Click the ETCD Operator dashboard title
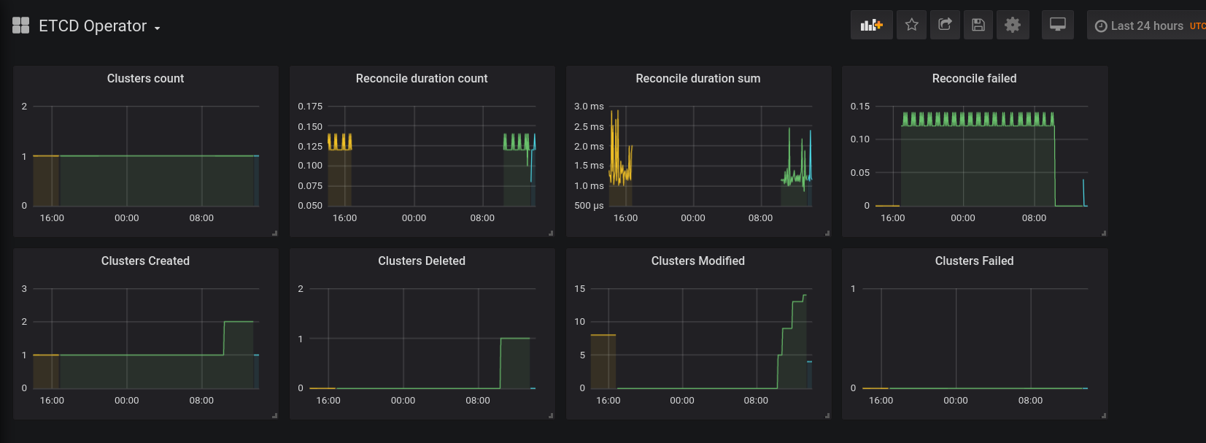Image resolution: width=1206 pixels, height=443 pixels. click(93, 26)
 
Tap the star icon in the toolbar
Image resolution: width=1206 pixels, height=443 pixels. click(911, 25)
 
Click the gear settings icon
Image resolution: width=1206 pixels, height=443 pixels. click(1013, 25)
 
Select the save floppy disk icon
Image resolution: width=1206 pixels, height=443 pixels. click(978, 25)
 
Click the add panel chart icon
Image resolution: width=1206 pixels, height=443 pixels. click(871, 25)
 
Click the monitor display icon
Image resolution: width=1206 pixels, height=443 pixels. click(1057, 25)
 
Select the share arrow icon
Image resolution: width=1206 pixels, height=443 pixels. click(945, 25)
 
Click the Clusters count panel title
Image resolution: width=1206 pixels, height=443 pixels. click(145, 78)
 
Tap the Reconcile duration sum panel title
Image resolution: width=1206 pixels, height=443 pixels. click(697, 78)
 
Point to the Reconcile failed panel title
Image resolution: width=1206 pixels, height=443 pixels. click(974, 78)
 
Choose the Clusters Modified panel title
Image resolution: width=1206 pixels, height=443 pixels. click(697, 261)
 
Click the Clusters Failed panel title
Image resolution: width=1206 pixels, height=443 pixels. click(974, 261)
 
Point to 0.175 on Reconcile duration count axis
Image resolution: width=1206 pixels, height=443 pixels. click(310, 107)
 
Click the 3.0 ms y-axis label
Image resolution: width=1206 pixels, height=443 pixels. click(589, 107)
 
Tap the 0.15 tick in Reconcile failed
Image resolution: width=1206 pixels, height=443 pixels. click(860, 107)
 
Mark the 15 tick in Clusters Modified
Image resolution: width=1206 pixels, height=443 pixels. click(579, 289)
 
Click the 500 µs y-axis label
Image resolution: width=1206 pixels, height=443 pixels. click(589, 206)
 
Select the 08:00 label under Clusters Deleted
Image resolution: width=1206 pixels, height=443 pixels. click(478, 401)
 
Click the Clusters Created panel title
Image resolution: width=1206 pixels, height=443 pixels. click(145, 261)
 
